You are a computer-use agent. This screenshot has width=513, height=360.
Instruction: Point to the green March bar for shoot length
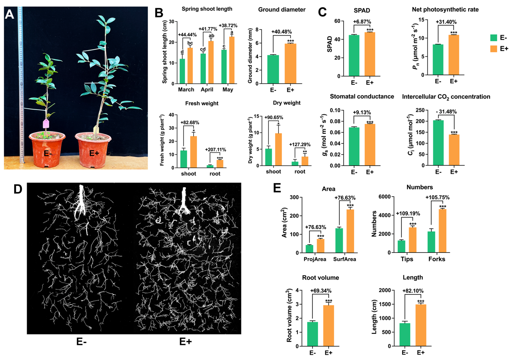[182, 71]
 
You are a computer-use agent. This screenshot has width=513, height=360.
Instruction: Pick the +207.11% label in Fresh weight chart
[217, 149]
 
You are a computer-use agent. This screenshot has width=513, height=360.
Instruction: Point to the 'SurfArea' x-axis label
[345, 259]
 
